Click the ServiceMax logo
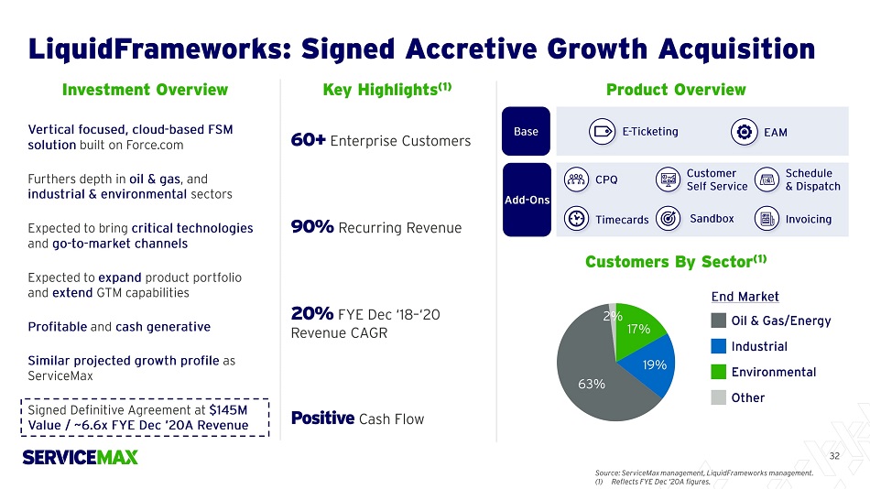tap(80, 457)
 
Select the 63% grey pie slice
tap(588, 377)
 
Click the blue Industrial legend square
tap(719, 346)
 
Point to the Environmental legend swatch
tap(719, 372)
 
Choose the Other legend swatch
tap(719, 397)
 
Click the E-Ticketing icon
tap(602, 132)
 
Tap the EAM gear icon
tap(744, 132)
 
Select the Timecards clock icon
tap(576, 219)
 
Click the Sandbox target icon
tap(668, 219)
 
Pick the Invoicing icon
tap(767, 219)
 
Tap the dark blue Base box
tap(526, 131)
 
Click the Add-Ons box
tap(527, 200)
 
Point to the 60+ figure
tap(308, 140)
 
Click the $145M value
tap(228, 410)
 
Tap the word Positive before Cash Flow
tap(322, 418)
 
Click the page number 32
tap(834, 456)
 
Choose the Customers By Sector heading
tap(676, 261)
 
